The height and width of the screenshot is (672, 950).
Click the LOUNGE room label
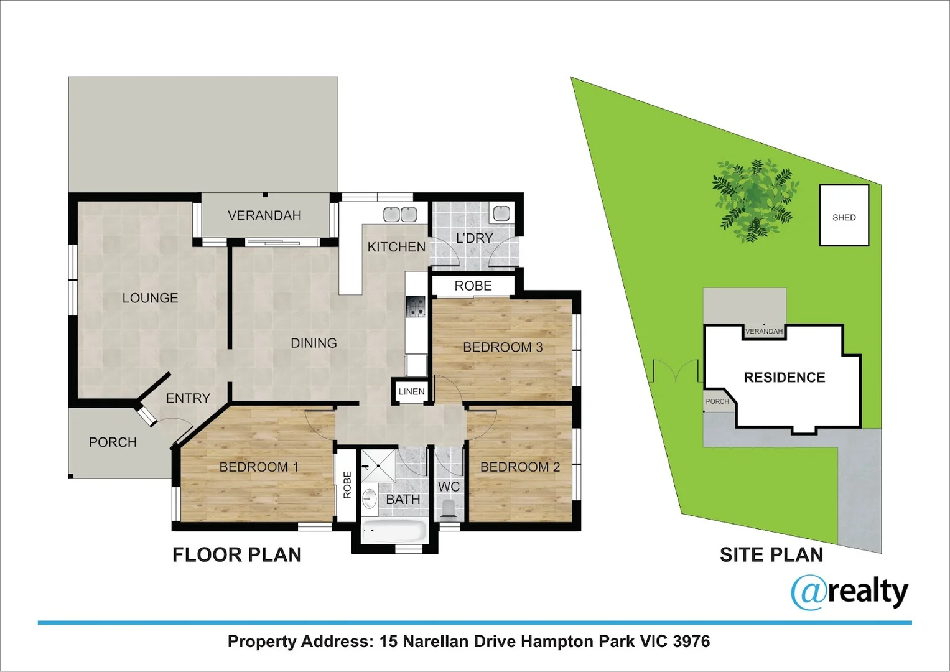click(x=150, y=298)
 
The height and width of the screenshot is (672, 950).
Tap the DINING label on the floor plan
click(x=314, y=343)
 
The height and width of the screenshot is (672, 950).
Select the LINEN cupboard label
click(x=411, y=391)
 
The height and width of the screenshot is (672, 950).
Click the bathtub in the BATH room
click(x=394, y=531)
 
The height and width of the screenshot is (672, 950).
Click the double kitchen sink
click(x=399, y=214)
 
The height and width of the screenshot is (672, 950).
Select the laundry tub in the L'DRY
click(x=501, y=213)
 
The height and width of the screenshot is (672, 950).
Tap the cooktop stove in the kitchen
click(x=416, y=307)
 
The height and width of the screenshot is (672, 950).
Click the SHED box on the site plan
click(x=844, y=215)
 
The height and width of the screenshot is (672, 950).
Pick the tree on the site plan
click(x=753, y=199)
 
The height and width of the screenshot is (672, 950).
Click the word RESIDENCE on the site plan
click(x=784, y=378)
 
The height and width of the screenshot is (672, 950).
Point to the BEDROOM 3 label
click(x=503, y=347)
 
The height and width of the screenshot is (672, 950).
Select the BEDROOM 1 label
click(x=259, y=467)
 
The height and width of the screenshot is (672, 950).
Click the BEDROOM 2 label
click(x=520, y=467)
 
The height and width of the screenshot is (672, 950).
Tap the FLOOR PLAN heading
click(x=236, y=554)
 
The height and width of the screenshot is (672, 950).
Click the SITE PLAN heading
click(x=771, y=554)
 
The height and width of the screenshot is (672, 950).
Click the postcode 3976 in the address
click(x=691, y=642)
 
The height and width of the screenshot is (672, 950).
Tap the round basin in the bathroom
click(x=370, y=498)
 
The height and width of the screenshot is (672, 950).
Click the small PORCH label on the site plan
click(x=717, y=401)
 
